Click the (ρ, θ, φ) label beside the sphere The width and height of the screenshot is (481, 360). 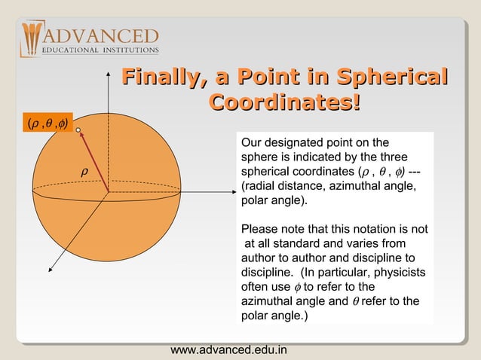pos(47,124)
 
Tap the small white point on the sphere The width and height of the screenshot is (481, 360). pos(78,131)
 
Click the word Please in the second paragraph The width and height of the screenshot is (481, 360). pos(257,229)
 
